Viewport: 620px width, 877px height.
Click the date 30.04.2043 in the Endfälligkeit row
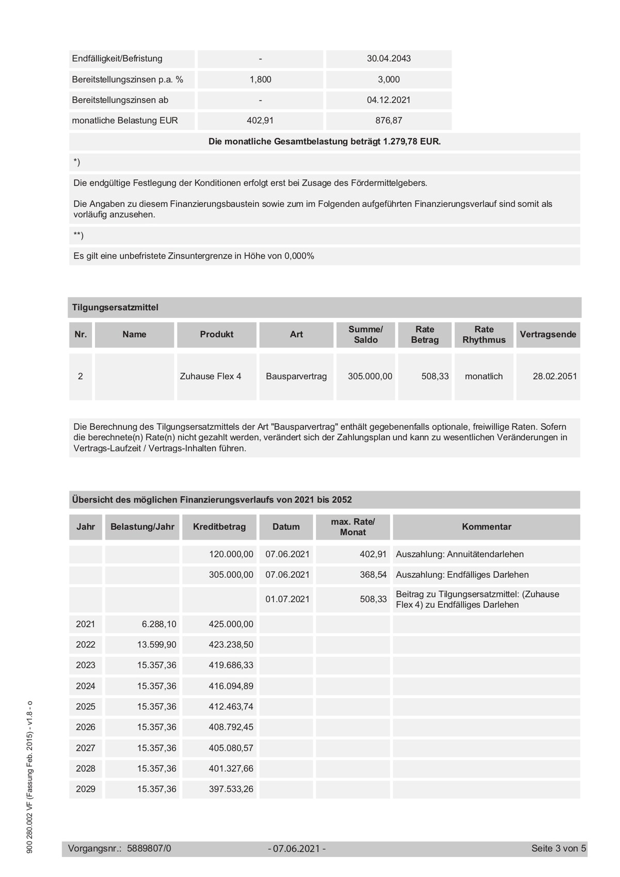[x=389, y=59]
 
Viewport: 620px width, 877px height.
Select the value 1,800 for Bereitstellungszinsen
[x=260, y=79]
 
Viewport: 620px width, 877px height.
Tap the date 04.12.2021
[x=389, y=100]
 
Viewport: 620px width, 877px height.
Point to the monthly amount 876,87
[x=389, y=121]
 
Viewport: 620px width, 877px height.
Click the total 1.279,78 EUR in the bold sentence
[x=411, y=141]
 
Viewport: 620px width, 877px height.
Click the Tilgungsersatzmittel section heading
[x=115, y=307]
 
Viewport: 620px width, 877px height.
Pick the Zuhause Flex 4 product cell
[x=211, y=377]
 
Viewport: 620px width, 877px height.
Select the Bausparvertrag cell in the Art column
[x=296, y=377]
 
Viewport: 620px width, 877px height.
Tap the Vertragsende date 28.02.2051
[x=554, y=377]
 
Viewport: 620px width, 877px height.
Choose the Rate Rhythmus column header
[x=484, y=335]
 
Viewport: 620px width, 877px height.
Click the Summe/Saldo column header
[x=365, y=335]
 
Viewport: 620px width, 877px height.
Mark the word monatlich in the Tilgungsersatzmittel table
[x=484, y=377]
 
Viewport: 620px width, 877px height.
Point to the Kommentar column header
[x=486, y=527]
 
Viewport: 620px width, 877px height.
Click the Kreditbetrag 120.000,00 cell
[x=231, y=555]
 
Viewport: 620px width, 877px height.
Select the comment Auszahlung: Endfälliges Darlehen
[x=462, y=575]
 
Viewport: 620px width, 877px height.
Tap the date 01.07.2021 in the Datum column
[x=288, y=599]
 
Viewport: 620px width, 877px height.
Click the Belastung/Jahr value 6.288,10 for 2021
[x=159, y=624]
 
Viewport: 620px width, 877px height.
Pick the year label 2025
[x=86, y=707]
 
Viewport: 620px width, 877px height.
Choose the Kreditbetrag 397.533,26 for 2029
[x=231, y=789]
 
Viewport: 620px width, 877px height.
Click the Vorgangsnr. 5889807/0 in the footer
[x=149, y=849]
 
